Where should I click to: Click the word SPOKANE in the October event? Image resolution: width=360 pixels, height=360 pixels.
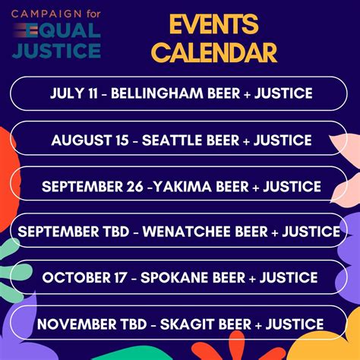click(x=178, y=276)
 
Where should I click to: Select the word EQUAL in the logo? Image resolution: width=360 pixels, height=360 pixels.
click(x=69, y=33)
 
